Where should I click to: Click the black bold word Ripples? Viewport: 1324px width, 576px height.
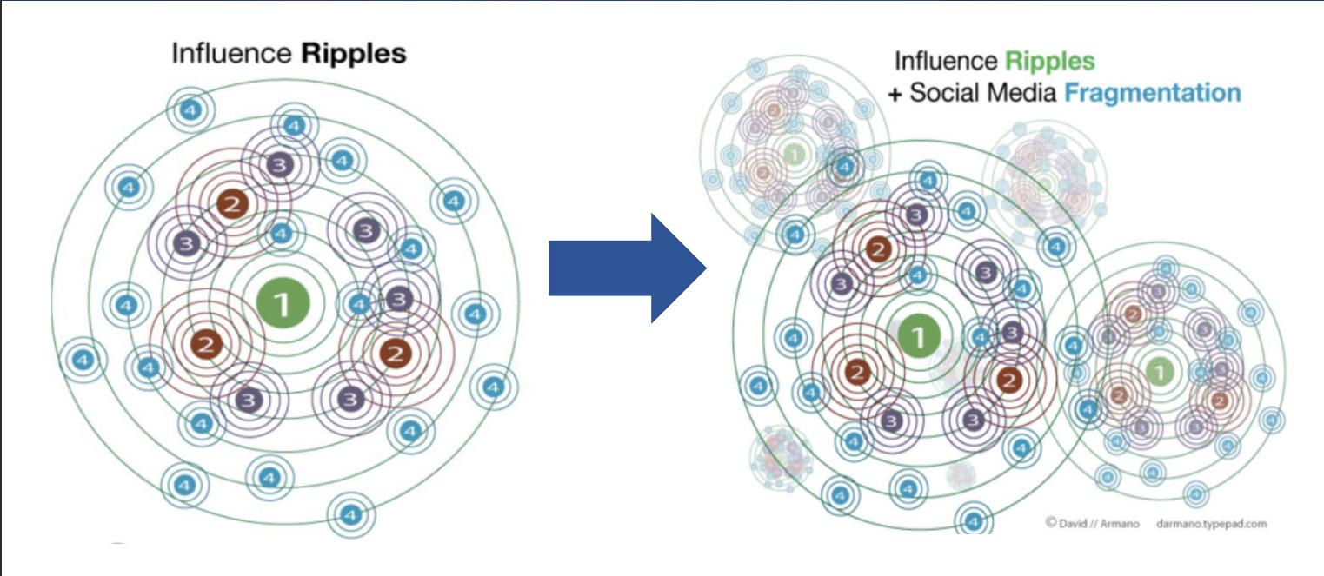tap(354, 54)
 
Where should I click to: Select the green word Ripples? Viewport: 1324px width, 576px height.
tap(1050, 62)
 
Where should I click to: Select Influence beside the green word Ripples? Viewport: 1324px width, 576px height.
tap(946, 62)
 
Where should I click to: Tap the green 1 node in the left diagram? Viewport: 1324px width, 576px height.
tap(281, 302)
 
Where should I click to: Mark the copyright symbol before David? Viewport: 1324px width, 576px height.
tap(1050, 523)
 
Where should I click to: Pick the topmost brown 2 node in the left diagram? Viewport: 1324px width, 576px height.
tap(233, 203)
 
